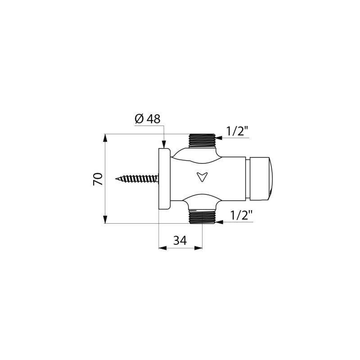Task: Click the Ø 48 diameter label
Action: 148,119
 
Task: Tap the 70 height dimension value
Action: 98,179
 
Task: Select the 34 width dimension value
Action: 180,241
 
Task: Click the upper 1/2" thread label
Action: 237,131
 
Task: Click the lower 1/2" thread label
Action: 241,215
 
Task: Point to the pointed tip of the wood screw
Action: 117,179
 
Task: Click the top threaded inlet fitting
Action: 202,140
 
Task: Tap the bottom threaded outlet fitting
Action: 202,216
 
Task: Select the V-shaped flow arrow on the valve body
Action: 202,176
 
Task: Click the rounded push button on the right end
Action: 260,179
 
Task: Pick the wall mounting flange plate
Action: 164,179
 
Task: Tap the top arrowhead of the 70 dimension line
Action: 105,137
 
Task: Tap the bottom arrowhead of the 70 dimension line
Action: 105,220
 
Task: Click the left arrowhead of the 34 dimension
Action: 162,248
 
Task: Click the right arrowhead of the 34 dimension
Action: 198,248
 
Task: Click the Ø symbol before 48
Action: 139,119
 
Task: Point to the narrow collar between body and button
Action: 247,179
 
